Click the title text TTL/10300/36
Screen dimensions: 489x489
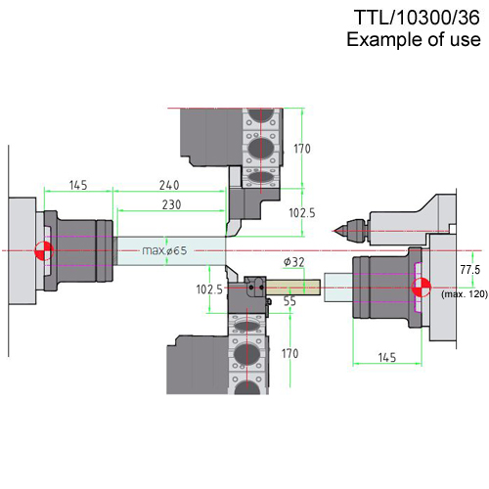[x=417, y=18]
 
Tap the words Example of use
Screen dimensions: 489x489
[x=414, y=39]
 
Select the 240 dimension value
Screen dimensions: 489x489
[x=169, y=185]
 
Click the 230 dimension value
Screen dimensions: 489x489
[x=171, y=204]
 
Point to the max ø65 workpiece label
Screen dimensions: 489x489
[x=164, y=250]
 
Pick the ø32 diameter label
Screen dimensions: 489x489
[x=293, y=262]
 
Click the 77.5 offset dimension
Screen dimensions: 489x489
[x=470, y=270]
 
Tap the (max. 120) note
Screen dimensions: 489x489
[x=465, y=294]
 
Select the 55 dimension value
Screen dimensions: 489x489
[x=289, y=301]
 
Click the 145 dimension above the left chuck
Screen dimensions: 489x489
[x=78, y=185]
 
